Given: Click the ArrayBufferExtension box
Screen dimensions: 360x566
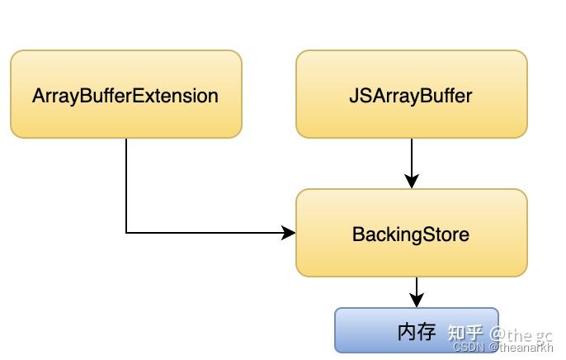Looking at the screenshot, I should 125,94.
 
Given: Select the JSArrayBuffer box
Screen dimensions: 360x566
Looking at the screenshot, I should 411,94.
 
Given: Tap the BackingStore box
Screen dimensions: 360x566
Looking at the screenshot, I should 411,233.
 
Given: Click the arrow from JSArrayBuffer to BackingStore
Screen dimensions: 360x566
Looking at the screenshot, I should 411,162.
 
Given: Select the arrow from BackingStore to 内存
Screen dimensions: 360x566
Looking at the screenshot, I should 417,291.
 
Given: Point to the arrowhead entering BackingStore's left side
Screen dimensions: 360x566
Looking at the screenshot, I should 289,233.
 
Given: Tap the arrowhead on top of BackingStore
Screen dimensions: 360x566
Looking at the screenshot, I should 411,182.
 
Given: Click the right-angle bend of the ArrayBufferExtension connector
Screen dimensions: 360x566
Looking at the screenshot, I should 126,233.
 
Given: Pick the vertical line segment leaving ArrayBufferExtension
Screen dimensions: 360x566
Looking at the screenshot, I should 126,185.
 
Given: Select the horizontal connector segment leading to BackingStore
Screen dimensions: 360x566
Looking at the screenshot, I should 206,233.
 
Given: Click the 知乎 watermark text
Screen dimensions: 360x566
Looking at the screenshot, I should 465,333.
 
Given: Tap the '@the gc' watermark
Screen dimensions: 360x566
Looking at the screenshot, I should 521,334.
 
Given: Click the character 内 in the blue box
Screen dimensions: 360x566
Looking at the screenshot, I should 406,332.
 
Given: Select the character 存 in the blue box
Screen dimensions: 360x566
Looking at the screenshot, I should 427,332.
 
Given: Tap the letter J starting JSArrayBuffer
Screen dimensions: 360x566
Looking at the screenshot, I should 353,95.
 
